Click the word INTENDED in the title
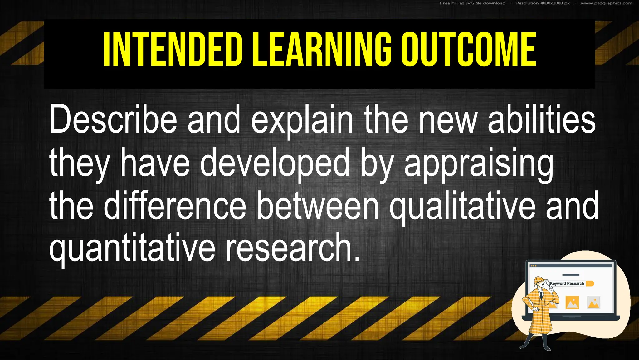(x=173, y=50)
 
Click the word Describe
(x=113, y=120)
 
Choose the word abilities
(x=542, y=120)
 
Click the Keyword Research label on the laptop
(x=567, y=283)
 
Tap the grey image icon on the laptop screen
(x=593, y=302)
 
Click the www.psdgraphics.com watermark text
(x=606, y=3)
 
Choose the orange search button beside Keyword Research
(x=590, y=283)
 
